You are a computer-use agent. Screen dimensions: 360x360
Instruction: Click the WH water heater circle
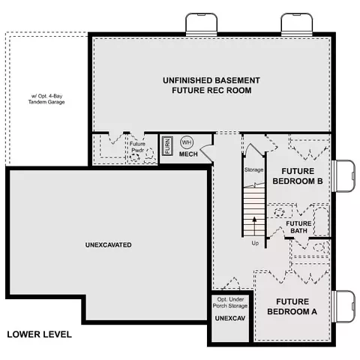(x=187, y=142)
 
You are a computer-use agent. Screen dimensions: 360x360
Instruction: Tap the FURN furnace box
(x=167, y=146)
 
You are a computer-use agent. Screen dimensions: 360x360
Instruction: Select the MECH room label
(x=188, y=154)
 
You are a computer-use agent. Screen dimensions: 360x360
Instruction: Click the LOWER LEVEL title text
(x=39, y=334)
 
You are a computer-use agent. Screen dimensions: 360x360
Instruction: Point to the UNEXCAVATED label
(x=109, y=244)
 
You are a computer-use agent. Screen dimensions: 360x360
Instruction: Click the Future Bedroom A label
(x=292, y=307)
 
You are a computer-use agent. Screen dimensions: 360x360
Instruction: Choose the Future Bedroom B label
(x=298, y=176)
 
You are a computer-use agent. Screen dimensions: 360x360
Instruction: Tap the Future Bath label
(x=298, y=227)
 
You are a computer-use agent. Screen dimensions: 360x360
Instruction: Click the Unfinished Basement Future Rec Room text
(x=211, y=85)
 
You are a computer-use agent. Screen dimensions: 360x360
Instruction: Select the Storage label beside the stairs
(x=253, y=169)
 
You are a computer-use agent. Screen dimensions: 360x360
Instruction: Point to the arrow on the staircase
(x=254, y=226)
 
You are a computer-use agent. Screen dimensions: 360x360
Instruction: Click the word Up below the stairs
(x=255, y=243)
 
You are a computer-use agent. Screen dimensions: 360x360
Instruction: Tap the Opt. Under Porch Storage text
(x=230, y=302)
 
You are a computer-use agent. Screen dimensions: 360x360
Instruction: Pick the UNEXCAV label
(x=230, y=318)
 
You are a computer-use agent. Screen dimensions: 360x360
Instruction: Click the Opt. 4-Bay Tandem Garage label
(x=46, y=99)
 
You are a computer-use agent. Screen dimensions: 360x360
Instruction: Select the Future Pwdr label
(x=137, y=147)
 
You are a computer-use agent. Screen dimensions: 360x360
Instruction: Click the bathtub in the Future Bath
(x=321, y=221)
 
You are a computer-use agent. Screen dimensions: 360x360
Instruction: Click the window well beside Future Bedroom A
(x=344, y=307)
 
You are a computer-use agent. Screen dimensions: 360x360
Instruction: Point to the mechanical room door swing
(x=206, y=152)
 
